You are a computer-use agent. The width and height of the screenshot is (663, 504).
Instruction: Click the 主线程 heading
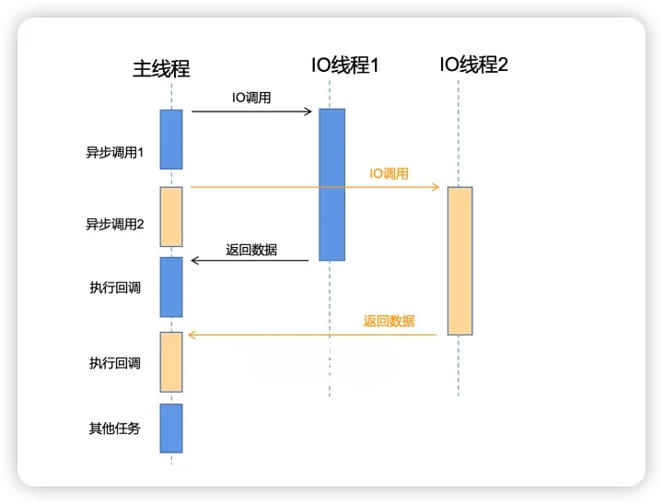point(161,68)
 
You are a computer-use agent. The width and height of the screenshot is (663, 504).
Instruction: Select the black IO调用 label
point(250,98)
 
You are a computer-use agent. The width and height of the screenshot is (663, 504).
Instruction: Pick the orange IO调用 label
point(389,173)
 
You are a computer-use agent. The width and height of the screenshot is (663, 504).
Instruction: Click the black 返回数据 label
point(251,249)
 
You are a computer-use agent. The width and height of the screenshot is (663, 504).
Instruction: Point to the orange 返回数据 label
point(389,322)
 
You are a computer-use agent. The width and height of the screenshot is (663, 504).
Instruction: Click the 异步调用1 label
point(115,152)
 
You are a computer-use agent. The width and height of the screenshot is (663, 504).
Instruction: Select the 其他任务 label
point(115,428)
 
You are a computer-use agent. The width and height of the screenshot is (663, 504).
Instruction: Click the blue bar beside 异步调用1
point(171,139)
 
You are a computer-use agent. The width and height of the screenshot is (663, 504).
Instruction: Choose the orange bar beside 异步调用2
point(171,217)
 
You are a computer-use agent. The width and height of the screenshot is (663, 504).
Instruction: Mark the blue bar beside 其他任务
point(171,428)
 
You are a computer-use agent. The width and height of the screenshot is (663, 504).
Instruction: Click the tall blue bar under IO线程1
point(331,184)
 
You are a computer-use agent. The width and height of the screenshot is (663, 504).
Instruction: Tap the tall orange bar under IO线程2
point(459,261)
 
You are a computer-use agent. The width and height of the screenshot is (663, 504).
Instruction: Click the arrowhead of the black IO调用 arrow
point(309,111)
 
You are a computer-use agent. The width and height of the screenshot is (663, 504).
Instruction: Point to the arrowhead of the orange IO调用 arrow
point(436,187)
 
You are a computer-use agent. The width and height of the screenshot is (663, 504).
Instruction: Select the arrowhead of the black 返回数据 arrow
point(194,262)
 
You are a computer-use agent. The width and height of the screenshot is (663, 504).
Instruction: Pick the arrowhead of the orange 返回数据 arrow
point(191,335)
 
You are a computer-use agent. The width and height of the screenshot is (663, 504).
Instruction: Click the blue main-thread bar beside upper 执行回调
point(171,287)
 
